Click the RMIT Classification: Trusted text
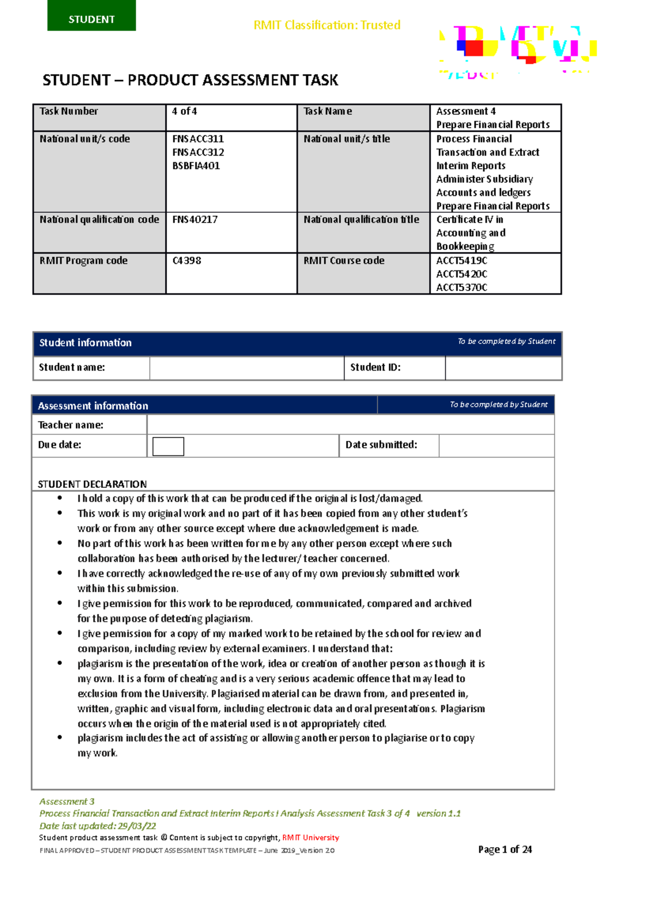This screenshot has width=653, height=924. click(x=327, y=25)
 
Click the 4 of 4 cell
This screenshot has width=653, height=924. click(x=184, y=112)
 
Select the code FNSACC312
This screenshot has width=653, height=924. click(x=198, y=152)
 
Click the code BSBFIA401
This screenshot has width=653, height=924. click(x=196, y=166)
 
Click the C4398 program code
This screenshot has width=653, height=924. click(x=187, y=261)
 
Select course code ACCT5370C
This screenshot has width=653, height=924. click(x=461, y=287)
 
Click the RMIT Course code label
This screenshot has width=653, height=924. click(x=344, y=261)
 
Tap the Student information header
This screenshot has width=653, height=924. click(x=85, y=343)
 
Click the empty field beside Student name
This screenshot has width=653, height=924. click(x=247, y=368)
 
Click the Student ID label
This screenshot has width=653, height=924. click(x=375, y=367)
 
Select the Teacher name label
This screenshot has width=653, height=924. click(x=71, y=425)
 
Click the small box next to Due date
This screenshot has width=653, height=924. click(x=168, y=446)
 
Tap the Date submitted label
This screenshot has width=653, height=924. click(x=381, y=445)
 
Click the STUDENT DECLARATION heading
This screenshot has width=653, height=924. click(x=92, y=484)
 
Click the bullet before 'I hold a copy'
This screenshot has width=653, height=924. click(x=60, y=498)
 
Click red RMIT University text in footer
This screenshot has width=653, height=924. click(x=311, y=837)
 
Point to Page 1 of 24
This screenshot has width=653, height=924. click(x=505, y=849)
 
